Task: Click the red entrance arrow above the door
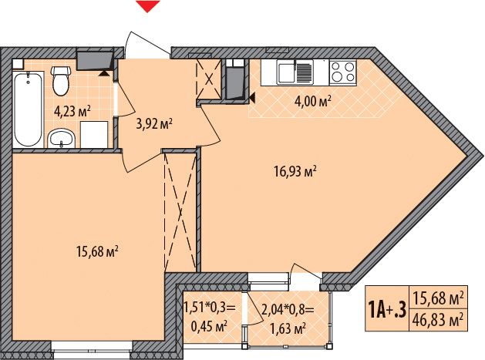tap(148, 5)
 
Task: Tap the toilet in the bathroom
tap(61, 80)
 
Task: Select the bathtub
tap(28, 109)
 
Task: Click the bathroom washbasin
tap(61, 138)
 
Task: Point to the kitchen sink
tap(295, 72)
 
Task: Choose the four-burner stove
tap(342, 72)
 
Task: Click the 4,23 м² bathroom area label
tap(72, 111)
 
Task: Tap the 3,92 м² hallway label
tap(154, 124)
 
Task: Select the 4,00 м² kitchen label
tap(313, 101)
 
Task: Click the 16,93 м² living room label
tap(295, 171)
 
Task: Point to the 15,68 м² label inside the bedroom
tap(97, 252)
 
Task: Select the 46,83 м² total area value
tap(439, 320)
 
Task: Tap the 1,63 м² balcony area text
tap(288, 328)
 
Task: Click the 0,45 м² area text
tap(210, 327)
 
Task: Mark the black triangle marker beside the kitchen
tap(252, 99)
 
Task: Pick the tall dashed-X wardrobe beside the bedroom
tap(180, 212)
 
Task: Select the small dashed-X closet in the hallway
tap(209, 79)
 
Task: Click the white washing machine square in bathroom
tap(94, 135)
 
